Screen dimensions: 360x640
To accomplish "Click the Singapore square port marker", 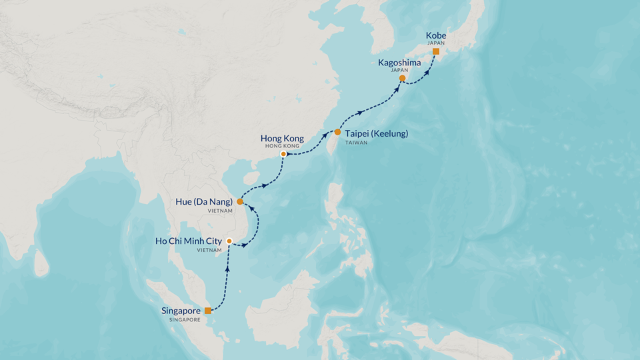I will pos(208,311).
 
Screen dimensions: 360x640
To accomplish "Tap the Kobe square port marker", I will pos(435,51).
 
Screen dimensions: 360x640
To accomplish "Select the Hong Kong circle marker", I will pos(283,154).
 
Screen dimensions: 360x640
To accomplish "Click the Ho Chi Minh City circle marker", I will pos(229,241).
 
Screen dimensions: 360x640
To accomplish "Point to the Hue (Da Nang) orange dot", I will pos(240,201).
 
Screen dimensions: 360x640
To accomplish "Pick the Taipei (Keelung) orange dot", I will pos(337,132).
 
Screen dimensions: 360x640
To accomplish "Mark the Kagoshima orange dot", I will pos(402,79).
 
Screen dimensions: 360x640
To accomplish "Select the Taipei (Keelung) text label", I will pos(377,133).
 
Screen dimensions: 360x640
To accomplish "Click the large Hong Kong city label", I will pos(282,138).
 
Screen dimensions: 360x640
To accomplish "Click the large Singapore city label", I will pos(181,311).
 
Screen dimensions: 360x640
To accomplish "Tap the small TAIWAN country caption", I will pos(357,143).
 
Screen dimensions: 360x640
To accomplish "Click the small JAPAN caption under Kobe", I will pos(435,43).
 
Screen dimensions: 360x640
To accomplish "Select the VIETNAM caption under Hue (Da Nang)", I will pos(220,211).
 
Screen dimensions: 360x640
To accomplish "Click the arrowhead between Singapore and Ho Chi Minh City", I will pos(229,269).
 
